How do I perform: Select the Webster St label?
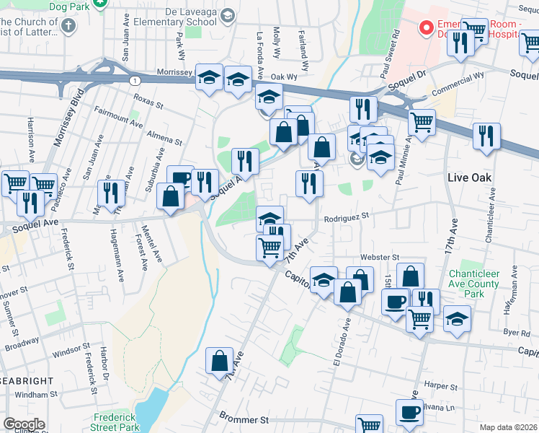coord(380,257)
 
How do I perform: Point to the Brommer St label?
coord(244,419)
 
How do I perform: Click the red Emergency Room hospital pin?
coord(426,29)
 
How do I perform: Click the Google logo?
coord(24,424)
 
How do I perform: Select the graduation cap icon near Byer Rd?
coord(456,319)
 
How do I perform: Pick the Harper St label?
coord(441,385)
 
